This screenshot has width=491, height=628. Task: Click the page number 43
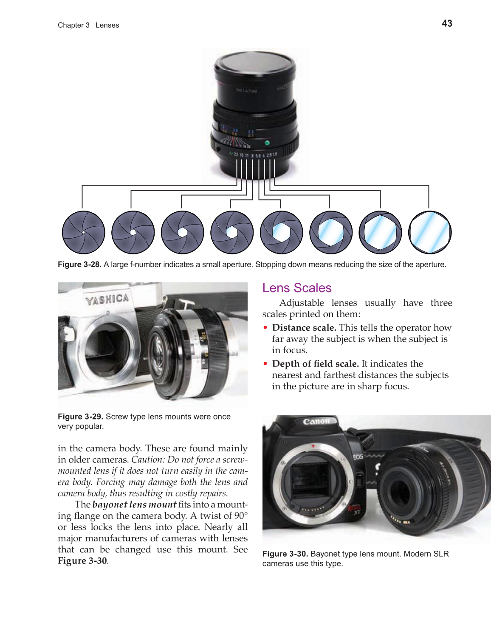tap(447, 24)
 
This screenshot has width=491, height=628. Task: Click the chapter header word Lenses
tap(107, 25)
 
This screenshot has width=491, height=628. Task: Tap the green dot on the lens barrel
tap(267, 143)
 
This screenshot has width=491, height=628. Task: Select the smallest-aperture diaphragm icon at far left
tap(84, 232)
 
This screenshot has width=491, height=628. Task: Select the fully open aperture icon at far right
tap(429, 232)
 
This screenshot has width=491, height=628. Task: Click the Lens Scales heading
tap(296, 288)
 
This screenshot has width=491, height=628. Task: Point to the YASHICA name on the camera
tap(107, 299)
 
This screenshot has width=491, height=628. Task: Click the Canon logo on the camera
tap(316, 421)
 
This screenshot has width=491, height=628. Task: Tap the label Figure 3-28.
tap(79, 265)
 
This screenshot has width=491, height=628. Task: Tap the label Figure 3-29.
tap(80, 417)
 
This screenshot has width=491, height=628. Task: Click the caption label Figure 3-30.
tap(285, 554)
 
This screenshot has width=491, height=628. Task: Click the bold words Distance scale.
tap(304, 327)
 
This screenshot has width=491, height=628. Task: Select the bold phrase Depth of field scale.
tap(315, 363)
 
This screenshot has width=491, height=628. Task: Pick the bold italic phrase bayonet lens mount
tap(134, 504)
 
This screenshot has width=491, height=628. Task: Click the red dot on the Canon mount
tap(313, 446)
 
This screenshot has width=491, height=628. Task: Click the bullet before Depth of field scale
tap(265, 363)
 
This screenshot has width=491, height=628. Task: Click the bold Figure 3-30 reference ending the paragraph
tap(82, 560)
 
